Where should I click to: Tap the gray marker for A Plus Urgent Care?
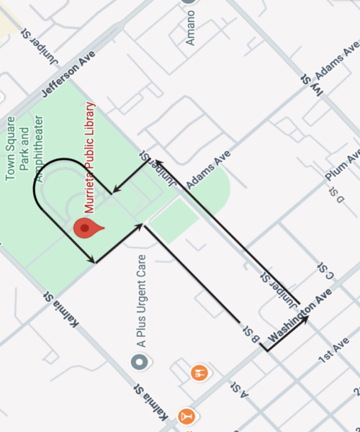coord(139,361)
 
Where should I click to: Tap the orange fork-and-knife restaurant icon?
coord(199,372)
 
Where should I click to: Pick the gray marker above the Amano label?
coord(189,2)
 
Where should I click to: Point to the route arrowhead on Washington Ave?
coord(307,318)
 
